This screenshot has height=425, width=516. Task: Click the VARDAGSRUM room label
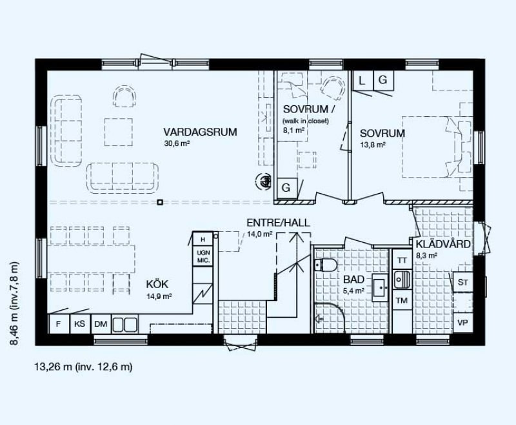pyautogui.click(x=200, y=132)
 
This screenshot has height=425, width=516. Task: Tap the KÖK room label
pyautogui.click(x=157, y=284)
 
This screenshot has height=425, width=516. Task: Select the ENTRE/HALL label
pyautogui.click(x=279, y=223)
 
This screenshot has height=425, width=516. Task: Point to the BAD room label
pyautogui.click(x=353, y=280)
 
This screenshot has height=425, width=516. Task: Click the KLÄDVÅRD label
pyautogui.click(x=443, y=244)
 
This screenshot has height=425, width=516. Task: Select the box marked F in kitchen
pyautogui.click(x=59, y=324)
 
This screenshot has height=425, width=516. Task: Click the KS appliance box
pyautogui.click(x=79, y=324)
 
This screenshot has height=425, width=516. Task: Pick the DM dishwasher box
pyautogui.click(x=101, y=324)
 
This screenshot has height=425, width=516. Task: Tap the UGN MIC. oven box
pyautogui.click(x=203, y=256)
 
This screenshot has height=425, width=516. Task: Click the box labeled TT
pyautogui.click(x=402, y=260)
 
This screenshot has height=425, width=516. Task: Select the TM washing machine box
pyautogui.click(x=402, y=300)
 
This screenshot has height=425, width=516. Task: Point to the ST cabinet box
pyautogui.click(x=463, y=282)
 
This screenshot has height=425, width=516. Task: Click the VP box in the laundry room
pyautogui.click(x=463, y=323)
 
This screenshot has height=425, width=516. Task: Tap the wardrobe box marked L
pyautogui.click(x=362, y=80)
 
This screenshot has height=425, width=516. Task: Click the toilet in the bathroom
pyautogui.click(x=326, y=265)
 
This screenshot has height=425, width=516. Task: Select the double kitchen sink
pyautogui.click(x=124, y=324)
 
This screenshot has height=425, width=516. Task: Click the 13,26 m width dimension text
pyautogui.click(x=84, y=367)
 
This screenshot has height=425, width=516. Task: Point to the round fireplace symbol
pyautogui.click(x=263, y=181)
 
